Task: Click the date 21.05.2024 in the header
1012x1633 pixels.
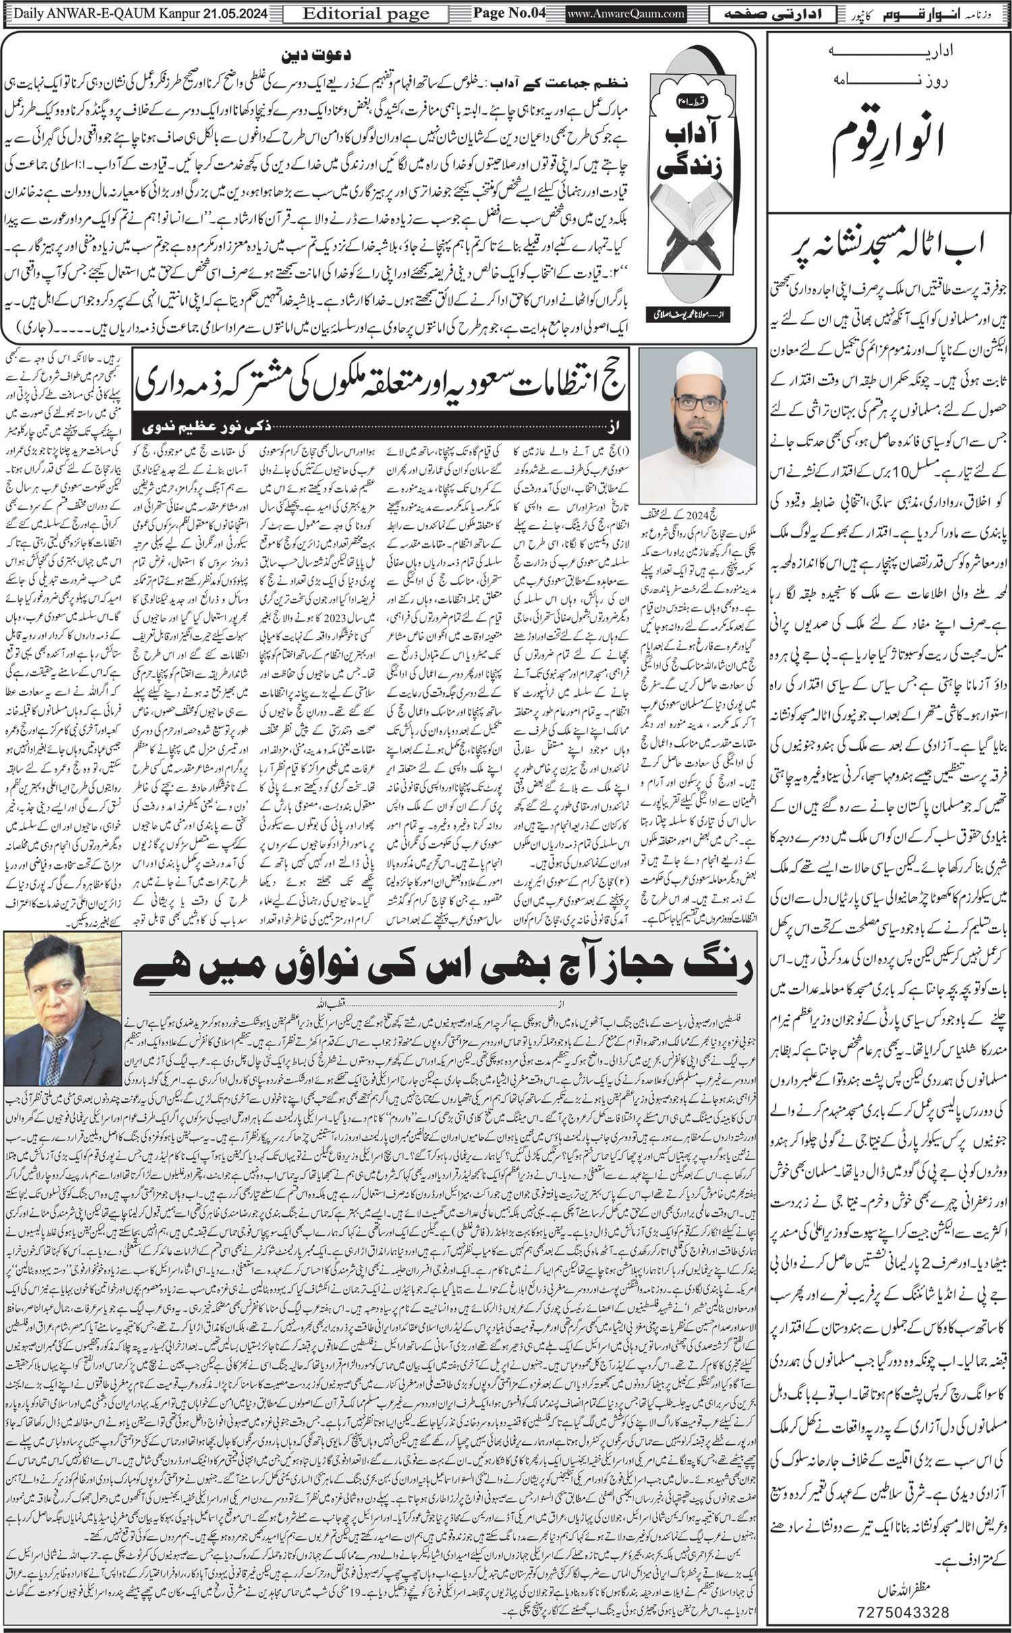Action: [229, 13]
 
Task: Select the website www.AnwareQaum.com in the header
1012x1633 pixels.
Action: [625, 13]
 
